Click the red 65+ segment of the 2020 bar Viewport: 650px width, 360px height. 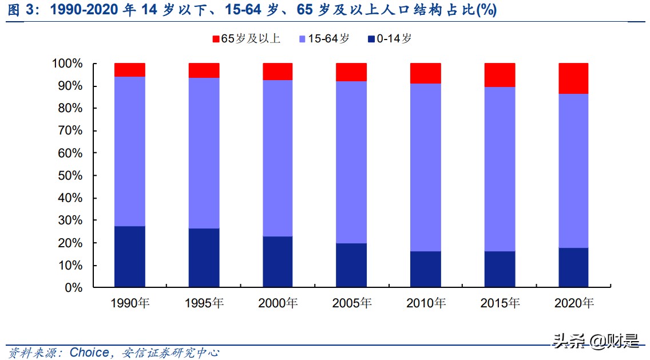pyautogui.click(x=573, y=78)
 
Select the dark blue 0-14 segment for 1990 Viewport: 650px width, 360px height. pyautogui.click(x=130, y=256)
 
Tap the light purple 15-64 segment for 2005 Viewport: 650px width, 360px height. pyautogui.click(x=351, y=162)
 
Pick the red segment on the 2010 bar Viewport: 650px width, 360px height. pyautogui.click(x=426, y=73)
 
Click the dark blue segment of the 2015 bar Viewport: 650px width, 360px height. pyautogui.click(x=500, y=269)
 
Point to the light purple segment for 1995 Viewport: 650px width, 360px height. pyautogui.click(x=204, y=153)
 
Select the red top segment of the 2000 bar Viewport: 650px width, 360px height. pyautogui.click(x=278, y=72)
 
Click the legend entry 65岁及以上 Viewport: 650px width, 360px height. pyautogui.click(x=245, y=39)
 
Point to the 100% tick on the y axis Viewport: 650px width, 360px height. pyautogui.click(x=68, y=63)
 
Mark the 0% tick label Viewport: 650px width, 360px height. pyautogui.click(x=74, y=288)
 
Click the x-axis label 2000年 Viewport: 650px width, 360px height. pyautogui.click(x=278, y=303)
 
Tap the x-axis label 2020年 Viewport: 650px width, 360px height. pyautogui.click(x=574, y=303)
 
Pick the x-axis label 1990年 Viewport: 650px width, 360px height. pyautogui.click(x=130, y=303)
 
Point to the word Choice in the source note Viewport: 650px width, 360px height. pyautogui.click(x=89, y=353)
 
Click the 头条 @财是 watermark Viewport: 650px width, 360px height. pyautogui.click(x=595, y=342)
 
